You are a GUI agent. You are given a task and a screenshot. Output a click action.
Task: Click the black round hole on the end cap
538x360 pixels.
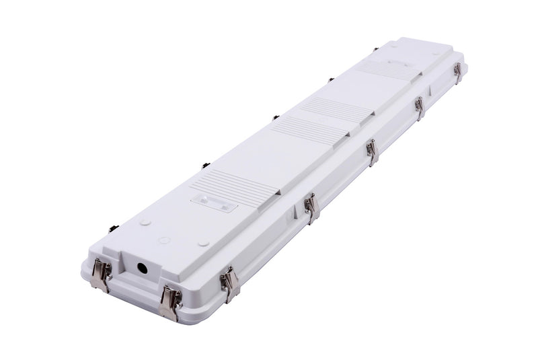143,267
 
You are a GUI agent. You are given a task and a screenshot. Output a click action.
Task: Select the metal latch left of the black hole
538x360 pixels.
101,274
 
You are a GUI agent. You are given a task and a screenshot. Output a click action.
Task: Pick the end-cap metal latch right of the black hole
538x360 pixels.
169,301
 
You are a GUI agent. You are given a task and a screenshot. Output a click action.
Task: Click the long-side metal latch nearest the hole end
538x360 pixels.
230,283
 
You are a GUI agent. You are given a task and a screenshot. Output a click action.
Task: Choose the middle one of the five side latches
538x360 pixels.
372,151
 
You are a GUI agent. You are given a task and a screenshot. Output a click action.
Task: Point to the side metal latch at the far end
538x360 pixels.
457,72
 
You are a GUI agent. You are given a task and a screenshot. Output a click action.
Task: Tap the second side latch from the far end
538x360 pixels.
419,108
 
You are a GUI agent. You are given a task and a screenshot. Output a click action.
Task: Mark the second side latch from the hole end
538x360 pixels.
310,208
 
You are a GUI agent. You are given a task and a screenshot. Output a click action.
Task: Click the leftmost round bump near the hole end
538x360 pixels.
144,222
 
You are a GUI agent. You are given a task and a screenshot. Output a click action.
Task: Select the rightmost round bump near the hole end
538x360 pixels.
204,243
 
